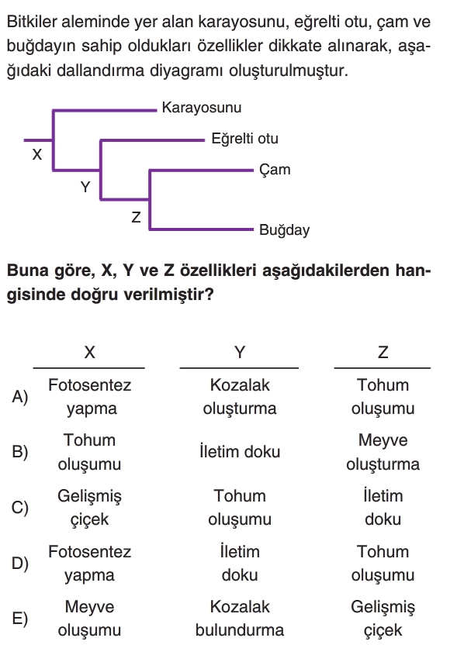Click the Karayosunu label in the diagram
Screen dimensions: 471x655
[x=202, y=108]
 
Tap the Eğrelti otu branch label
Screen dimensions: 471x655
[x=244, y=139]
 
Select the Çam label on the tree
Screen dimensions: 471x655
[x=275, y=170]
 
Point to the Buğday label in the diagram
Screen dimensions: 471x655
[x=285, y=230]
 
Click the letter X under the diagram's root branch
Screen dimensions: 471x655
[x=36, y=154]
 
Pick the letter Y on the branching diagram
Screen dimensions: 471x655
[x=85, y=187]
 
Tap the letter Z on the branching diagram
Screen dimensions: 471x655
[x=136, y=217]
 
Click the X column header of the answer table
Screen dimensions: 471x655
[x=89, y=353]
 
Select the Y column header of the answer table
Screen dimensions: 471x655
[x=240, y=353]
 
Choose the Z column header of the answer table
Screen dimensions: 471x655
[x=383, y=353]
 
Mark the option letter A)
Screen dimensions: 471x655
[x=19, y=397]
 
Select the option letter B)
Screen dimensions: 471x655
[x=19, y=453]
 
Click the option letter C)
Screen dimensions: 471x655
[x=19, y=508]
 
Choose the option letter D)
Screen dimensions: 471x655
[x=19, y=564]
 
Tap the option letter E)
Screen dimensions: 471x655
[x=19, y=619]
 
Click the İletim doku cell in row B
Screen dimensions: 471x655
[x=240, y=452]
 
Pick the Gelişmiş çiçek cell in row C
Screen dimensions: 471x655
[x=89, y=508]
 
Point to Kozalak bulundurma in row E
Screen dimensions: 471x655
[x=240, y=619]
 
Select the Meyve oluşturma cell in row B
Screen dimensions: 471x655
[x=383, y=453]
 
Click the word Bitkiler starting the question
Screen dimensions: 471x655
[x=33, y=22]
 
